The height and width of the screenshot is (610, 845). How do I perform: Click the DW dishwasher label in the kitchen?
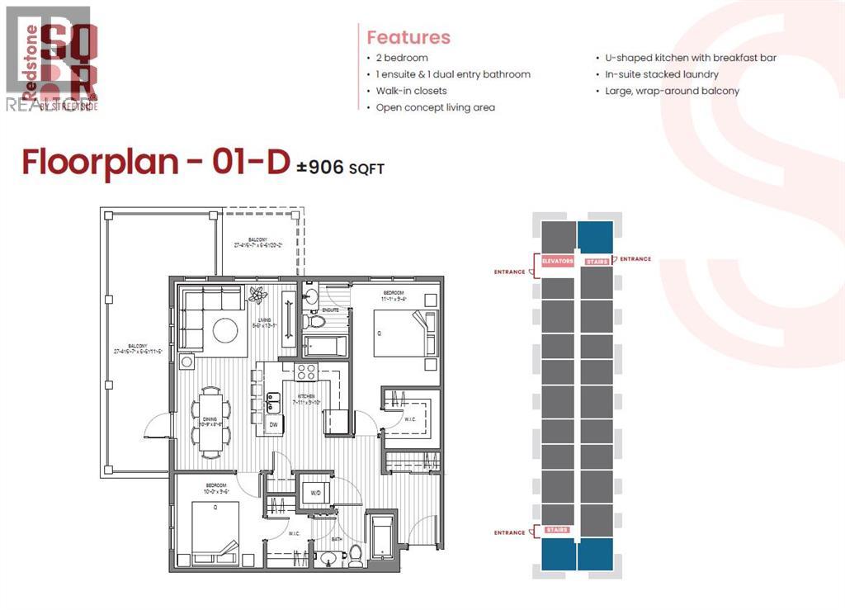point(274,425)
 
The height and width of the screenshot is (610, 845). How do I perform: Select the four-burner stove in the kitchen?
point(307,371)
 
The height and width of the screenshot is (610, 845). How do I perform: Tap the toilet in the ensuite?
point(313,300)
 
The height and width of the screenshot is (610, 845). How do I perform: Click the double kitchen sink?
point(274,401)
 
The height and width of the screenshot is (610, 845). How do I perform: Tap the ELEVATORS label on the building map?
point(558,261)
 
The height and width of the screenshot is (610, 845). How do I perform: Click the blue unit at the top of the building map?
point(595,236)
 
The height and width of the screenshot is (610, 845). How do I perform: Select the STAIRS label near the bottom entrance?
point(557,529)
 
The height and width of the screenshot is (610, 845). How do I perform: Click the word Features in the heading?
point(408,37)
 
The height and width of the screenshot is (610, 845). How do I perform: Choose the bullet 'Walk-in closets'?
point(411,91)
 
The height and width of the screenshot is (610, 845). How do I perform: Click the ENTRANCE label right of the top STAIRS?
point(635,259)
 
